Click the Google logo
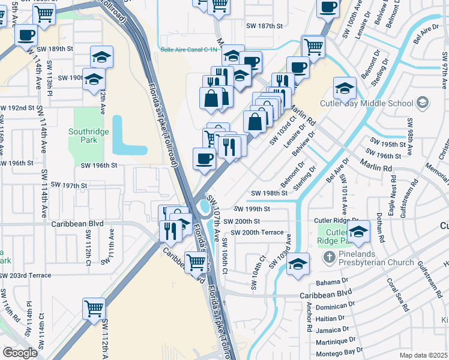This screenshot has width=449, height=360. (x=20, y=352)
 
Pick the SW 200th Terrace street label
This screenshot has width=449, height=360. (x=256, y=232)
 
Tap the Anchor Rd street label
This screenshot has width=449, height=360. (x=309, y=316)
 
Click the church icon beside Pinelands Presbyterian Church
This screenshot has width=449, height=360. (x=329, y=257)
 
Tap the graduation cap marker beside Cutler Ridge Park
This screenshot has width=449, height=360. (x=358, y=232)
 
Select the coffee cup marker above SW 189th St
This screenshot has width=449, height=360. (x=27, y=35)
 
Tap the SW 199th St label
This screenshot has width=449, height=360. (x=252, y=209)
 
